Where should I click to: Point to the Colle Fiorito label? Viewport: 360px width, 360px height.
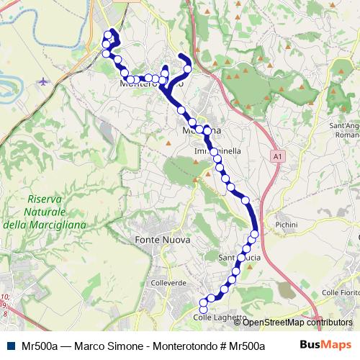(339, 292)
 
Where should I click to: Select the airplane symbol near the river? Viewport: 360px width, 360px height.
(46, 81)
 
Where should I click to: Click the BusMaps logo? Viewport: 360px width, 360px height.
(324, 345)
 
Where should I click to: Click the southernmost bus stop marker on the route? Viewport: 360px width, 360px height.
(203, 309)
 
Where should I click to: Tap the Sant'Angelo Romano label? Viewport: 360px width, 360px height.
(344, 130)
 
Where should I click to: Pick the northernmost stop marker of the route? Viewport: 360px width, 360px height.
(109, 33)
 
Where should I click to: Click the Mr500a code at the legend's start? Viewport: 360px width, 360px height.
(40, 346)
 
